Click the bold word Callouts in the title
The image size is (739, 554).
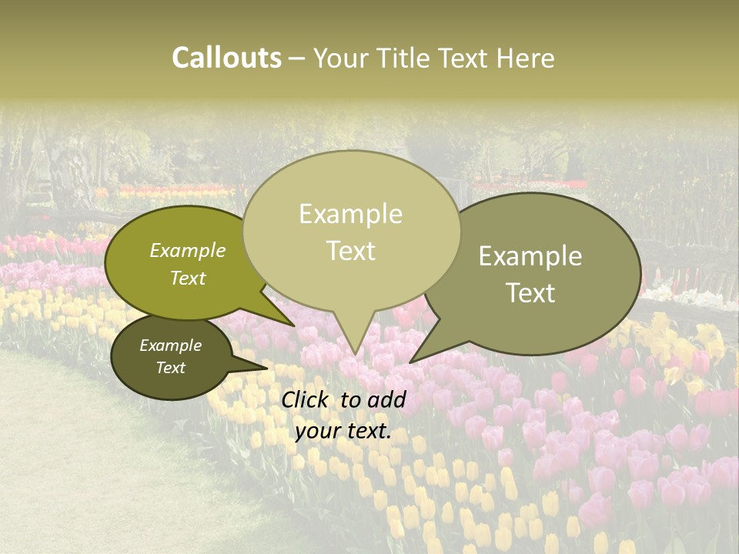pyautogui.click(x=226, y=58)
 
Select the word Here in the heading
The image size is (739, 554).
pyautogui.click(x=526, y=58)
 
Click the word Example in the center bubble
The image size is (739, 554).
pyautogui.click(x=350, y=214)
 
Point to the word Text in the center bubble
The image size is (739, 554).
pyautogui.click(x=350, y=251)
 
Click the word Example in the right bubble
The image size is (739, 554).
pyautogui.click(x=530, y=256)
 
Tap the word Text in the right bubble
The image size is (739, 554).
pyautogui.click(x=530, y=293)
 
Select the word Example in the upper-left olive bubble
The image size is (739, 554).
pyautogui.click(x=187, y=251)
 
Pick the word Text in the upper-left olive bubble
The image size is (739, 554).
pyautogui.click(x=187, y=278)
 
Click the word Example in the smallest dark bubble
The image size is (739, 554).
pyautogui.click(x=170, y=345)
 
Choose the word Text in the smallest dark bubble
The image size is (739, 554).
pyautogui.click(x=170, y=368)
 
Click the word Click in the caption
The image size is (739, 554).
pyautogui.click(x=306, y=399)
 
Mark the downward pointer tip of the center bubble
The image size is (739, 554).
pyautogui.click(x=355, y=355)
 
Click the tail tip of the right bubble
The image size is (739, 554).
pyautogui.click(x=410, y=362)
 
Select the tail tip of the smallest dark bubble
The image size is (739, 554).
pyautogui.click(x=269, y=368)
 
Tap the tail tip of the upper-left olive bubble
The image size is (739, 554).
pyautogui.click(x=295, y=326)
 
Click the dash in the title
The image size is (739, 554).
pyautogui.click(x=297, y=58)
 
